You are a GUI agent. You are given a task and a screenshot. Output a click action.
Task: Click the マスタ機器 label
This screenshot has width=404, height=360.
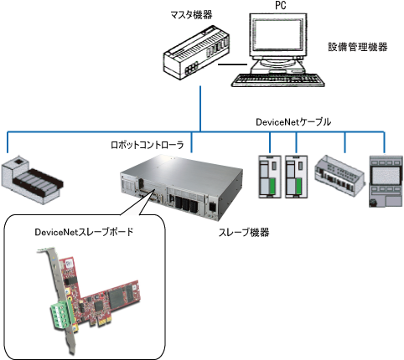(191, 15)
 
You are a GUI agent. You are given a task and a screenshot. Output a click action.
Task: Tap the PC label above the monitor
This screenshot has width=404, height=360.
(281, 5)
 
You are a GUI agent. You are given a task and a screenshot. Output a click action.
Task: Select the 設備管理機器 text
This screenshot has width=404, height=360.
(358, 47)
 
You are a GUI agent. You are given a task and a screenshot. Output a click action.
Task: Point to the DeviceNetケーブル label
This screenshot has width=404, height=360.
(293, 122)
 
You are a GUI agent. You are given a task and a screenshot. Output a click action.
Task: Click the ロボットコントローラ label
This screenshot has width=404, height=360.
(148, 145)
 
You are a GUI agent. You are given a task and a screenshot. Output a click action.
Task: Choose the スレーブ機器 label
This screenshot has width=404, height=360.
(244, 232)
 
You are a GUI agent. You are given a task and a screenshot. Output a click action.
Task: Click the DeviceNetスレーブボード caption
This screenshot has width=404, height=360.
(84, 232)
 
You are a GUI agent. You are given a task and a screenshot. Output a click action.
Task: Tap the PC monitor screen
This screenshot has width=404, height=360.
(278, 35)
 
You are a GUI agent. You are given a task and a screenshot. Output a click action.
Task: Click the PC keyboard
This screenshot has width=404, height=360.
(278, 80)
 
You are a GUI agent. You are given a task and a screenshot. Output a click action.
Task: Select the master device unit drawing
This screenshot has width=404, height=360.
(196, 52)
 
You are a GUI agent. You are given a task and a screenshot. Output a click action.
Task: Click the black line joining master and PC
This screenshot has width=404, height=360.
(232, 64)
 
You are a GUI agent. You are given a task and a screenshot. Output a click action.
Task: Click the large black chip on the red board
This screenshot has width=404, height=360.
(117, 298)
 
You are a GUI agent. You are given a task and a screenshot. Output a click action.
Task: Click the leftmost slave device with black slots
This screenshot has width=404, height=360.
(32, 180)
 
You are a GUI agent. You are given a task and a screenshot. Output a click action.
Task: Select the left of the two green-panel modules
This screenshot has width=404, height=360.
(270, 177)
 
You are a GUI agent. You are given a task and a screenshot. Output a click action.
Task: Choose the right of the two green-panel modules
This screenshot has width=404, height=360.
(296, 177)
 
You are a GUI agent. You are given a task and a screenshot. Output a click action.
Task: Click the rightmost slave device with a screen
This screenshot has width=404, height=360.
(386, 181)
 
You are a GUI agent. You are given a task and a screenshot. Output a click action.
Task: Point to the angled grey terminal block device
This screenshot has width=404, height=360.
(339, 176)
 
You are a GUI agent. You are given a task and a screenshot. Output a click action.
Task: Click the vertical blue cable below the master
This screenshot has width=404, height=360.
(200, 109)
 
